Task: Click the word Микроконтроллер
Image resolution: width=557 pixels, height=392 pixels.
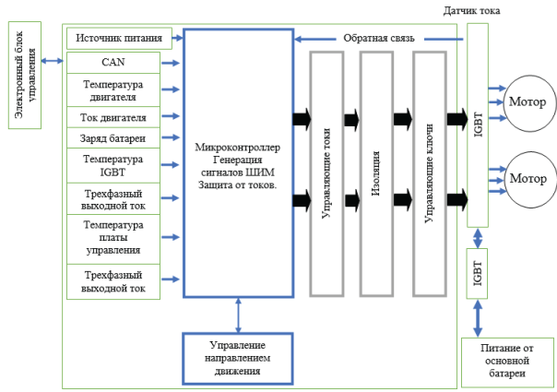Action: pos(238,147)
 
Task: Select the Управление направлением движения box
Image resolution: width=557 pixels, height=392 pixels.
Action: pos(238,356)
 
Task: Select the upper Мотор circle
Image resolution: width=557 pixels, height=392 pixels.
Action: pos(527,101)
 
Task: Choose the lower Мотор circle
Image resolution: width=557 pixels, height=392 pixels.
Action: pos(527,179)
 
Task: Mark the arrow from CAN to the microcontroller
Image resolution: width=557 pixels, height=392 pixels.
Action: pos(171,64)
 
